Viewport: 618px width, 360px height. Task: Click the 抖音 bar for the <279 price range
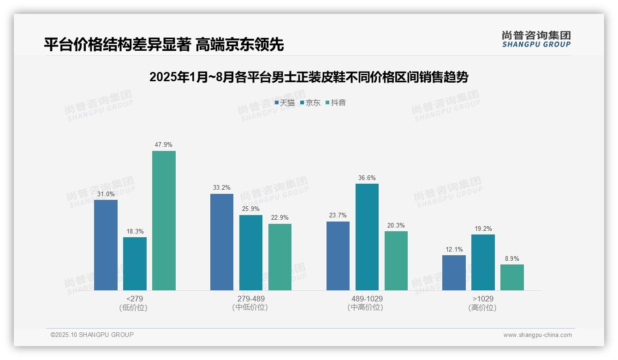tap(164, 221)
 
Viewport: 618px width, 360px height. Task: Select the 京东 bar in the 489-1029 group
tap(367, 237)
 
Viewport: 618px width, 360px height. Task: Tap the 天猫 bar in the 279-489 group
tap(222, 242)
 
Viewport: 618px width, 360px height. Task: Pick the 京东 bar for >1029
tap(483, 262)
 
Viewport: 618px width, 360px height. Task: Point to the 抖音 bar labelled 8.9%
tap(512, 277)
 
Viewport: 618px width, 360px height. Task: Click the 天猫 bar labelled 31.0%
tap(106, 245)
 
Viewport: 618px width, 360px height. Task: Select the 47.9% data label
tap(164, 144)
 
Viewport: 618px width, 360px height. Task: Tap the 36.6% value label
tap(367, 178)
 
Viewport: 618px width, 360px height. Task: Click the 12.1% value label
tap(454, 249)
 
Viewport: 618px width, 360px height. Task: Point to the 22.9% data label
tap(280, 217)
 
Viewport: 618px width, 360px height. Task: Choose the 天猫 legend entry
tap(285, 103)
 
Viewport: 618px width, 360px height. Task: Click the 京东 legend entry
tap(310, 103)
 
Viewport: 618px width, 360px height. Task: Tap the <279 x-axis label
tap(134, 299)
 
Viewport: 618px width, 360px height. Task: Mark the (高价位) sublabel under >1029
tap(482, 307)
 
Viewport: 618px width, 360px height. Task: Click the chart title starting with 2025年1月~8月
tap(309, 77)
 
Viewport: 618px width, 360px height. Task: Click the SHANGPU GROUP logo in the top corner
tap(536, 39)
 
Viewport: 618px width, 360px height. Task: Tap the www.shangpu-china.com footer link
tap(537, 335)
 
